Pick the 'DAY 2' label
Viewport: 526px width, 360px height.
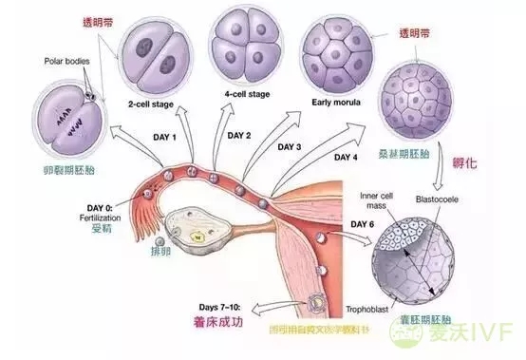235,136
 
